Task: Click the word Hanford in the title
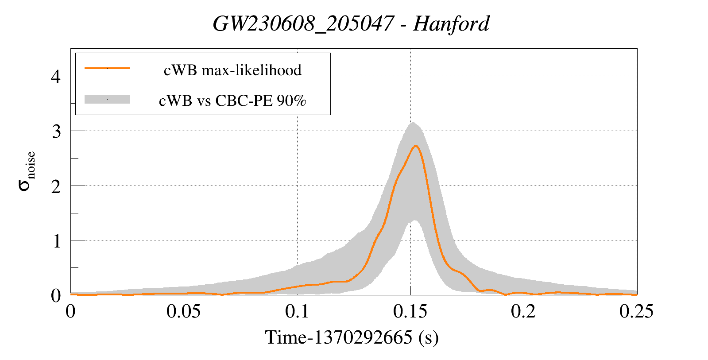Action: click(x=451, y=24)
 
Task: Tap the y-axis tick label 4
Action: click(x=56, y=77)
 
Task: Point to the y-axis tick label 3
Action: click(x=56, y=131)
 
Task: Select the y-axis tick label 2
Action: click(x=56, y=186)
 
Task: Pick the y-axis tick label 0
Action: click(x=56, y=296)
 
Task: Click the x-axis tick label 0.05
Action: click(x=184, y=311)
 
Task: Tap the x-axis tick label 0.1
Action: click(x=297, y=311)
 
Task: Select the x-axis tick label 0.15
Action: click(x=410, y=311)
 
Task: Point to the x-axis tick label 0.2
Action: click(x=523, y=311)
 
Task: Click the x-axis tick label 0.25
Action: click(x=637, y=311)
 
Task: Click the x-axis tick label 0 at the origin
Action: click(x=70, y=311)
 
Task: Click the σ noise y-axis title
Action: click(x=27, y=171)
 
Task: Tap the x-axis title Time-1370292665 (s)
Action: click(x=352, y=337)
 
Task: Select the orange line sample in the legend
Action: click(x=107, y=68)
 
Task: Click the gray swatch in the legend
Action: click(x=107, y=99)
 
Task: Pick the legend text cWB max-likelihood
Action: click(x=232, y=70)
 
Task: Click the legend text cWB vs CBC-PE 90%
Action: click(x=232, y=101)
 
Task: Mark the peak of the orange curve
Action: click(x=416, y=146)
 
